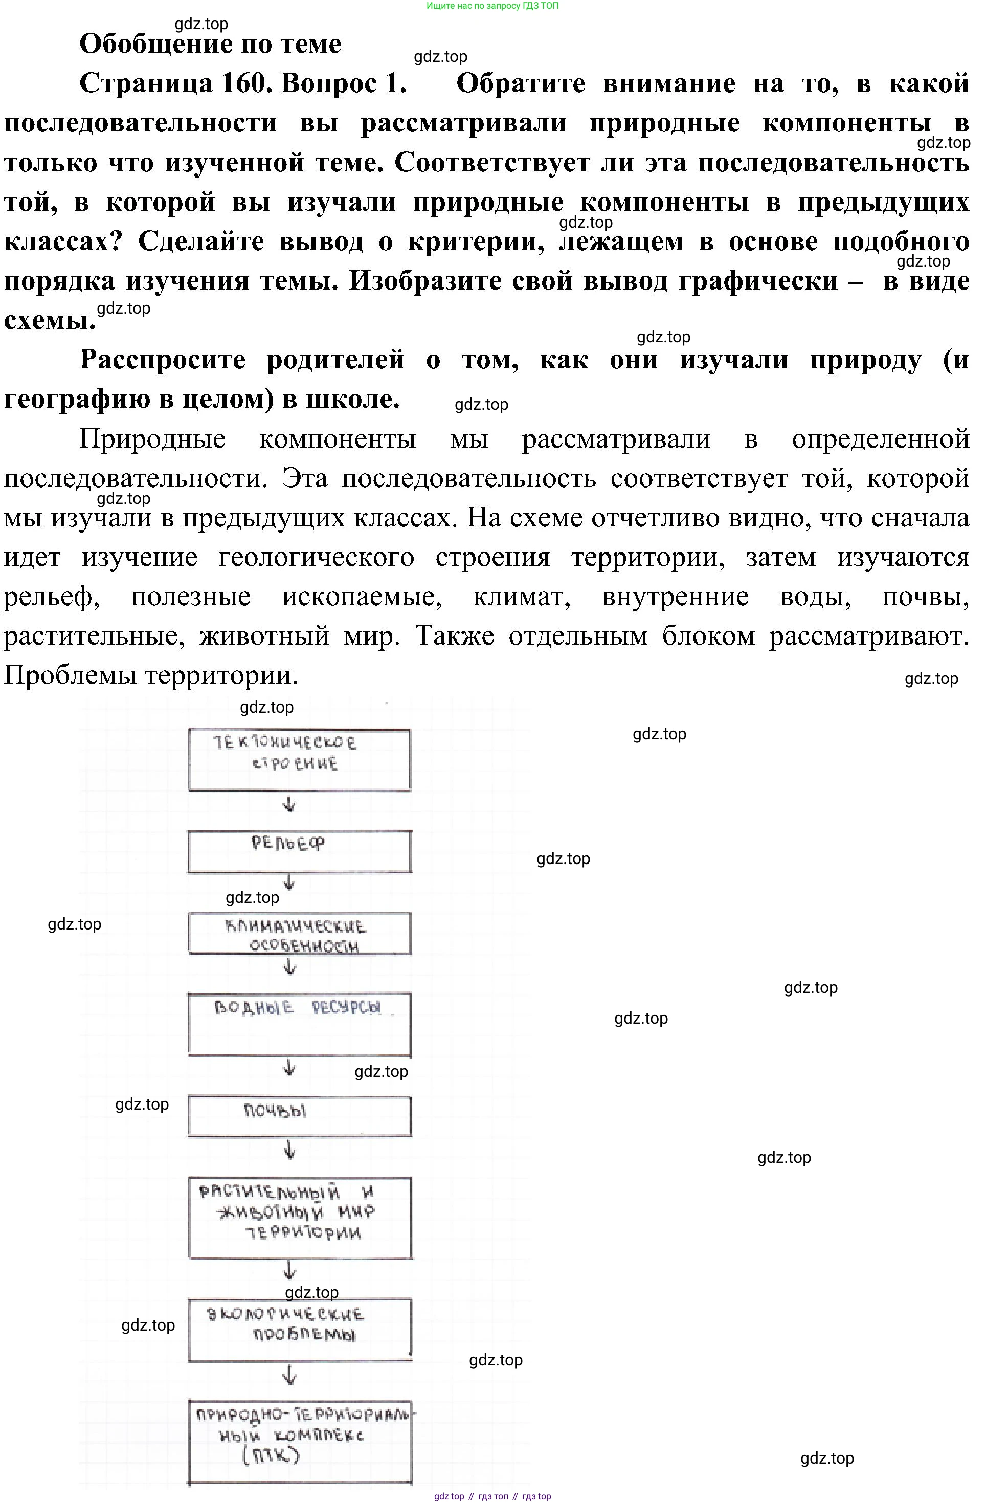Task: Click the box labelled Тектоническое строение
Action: click(x=299, y=760)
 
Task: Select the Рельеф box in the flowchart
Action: click(x=299, y=851)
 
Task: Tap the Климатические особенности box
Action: click(x=299, y=933)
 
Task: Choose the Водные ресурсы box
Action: click(x=299, y=1024)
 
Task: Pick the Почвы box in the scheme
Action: click(x=299, y=1116)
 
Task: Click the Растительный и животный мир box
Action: click(x=299, y=1217)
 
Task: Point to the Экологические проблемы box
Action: click(x=299, y=1329)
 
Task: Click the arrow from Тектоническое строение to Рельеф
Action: click(x=289, y=805)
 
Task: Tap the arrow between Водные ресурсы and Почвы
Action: click(x=289, y=1067)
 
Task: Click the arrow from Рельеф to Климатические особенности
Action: click(x=289, y=882)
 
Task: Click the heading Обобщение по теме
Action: click(x=210, y=44)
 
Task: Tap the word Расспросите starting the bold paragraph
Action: click(x=162, y=360)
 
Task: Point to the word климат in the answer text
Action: click(x=522, y=596)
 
